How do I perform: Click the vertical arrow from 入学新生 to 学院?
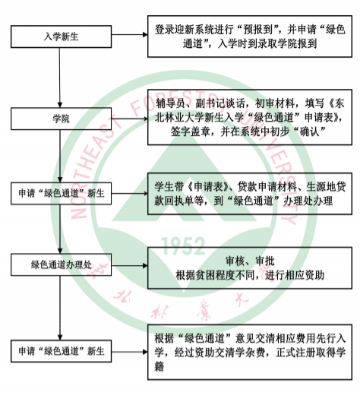tap(60, 77)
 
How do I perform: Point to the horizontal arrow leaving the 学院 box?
tap(130, 119)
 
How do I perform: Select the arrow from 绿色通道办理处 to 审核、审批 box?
tap(130, 265)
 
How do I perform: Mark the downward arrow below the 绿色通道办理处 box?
tap(60, 308)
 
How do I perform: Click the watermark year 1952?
tap(183, 246)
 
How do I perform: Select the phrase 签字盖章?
tap(191, 131)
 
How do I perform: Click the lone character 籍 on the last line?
tap(159, 366)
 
